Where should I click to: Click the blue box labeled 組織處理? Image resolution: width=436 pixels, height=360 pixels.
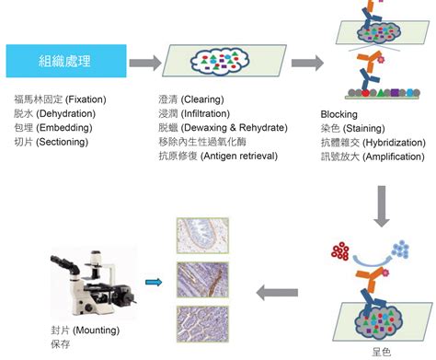[x=66, y=61]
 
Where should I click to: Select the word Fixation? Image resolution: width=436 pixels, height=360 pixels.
[x=86, y=99]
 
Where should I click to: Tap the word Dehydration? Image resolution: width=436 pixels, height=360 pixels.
[x=66, y=113]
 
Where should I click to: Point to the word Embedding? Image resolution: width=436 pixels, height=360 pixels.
[x=64, y=128]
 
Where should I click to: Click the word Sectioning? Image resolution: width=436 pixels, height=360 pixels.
[x=63, y=142]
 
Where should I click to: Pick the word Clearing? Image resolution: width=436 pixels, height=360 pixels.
[x=202, y=99]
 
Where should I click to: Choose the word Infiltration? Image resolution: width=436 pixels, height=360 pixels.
[x=205, y=113]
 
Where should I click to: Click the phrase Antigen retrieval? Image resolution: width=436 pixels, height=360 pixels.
[x=239, y=156]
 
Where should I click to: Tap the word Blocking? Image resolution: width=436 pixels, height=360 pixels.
[x=339, y=114]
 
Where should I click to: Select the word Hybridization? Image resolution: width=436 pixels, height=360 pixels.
[x=395, y=143]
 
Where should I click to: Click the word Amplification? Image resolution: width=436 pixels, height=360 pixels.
[x=394, y=157]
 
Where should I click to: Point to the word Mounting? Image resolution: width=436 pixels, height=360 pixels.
[x=97, y=331]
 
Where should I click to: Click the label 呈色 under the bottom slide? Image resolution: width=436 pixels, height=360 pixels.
[x=382, y=352]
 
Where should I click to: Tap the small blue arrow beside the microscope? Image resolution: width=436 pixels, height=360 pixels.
[x=154, y=282]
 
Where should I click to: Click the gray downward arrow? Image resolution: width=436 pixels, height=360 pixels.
[x=382, y=206]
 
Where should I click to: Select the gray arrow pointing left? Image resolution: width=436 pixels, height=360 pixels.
[x=277, y=293]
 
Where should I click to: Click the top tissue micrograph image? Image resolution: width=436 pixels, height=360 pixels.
[x=202, y=236]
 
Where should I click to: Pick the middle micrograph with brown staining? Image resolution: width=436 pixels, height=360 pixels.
[x=202, y=280]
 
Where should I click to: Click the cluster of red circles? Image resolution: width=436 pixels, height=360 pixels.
[x=340, y=251]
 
